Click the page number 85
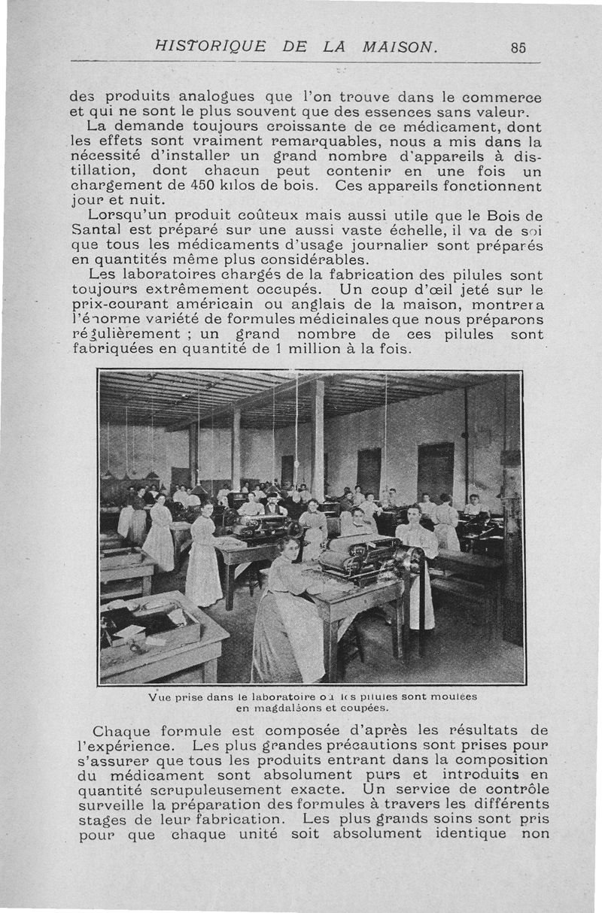[x=518, y=47]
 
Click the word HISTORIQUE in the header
[x=208, y=46]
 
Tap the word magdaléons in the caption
[x=278, y=708]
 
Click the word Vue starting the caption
[x=161, y=696]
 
